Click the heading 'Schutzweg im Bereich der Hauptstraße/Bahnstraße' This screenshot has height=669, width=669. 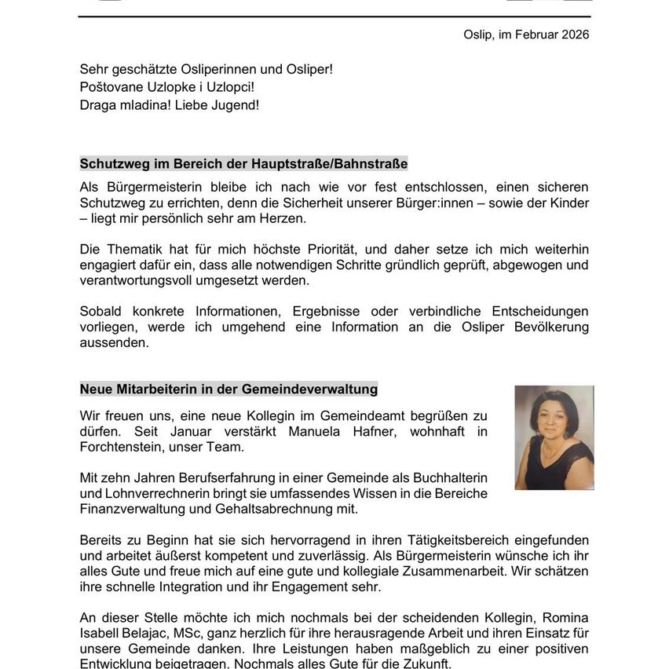(x=243, y=164)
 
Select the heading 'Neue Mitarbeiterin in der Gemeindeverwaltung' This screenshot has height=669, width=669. (x=228, y=389)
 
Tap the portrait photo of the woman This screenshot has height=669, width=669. (x=554, y=437)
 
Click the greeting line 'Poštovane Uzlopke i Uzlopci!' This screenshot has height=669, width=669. (x=166, y=87)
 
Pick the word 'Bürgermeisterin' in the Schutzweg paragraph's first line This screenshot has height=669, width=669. (x=145, y=187)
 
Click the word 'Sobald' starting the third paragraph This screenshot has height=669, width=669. (x=101, y=311)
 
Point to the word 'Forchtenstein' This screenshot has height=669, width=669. (x=119, y=448)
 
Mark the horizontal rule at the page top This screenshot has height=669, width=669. (x=334, y=16)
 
